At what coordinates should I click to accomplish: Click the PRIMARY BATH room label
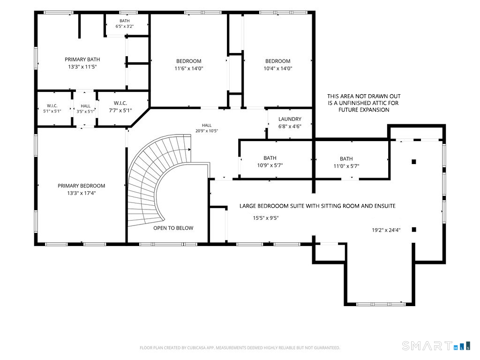(x=82, y=60)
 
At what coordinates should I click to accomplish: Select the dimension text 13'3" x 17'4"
(x=82, y=193)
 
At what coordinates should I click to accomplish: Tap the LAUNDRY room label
(x=290, y=119)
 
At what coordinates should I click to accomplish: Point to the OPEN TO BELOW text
(x=173, y=228)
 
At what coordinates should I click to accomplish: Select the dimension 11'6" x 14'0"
(x=189, y=68)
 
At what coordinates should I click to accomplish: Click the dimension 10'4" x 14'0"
(x=278, y=68)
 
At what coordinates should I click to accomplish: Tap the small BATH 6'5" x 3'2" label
(x=125, y=23)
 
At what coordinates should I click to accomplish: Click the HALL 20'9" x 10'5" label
(x=207, y=128)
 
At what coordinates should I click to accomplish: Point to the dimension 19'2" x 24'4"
(x=386, y=230)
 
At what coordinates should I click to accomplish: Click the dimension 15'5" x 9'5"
(x=266, y=218)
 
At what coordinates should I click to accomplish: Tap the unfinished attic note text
(x=364, y=103)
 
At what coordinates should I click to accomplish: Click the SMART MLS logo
(x=436, y=345)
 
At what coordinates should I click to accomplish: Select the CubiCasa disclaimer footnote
(x=240, y=348)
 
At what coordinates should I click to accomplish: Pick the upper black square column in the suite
(x=414, y=162)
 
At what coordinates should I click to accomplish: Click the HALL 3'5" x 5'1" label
(x=85, y=109)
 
